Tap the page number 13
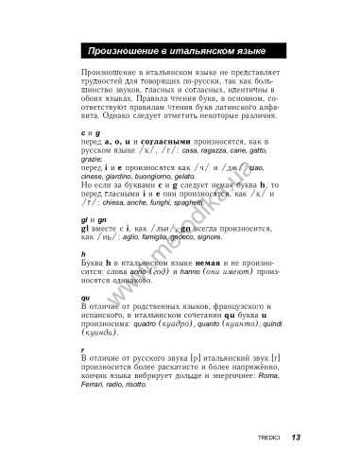tap(296, 437)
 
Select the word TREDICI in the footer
tap(266, 438)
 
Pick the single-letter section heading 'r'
tap(83, 351)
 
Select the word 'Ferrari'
tap(96, 386)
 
